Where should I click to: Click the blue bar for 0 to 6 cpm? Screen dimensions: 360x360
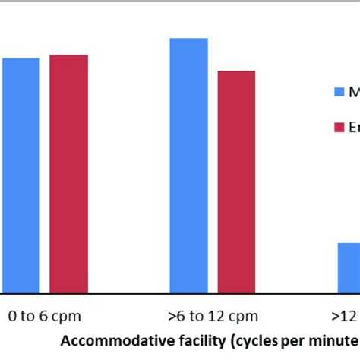coord(21,175)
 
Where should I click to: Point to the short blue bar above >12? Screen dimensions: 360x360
coord(349,267)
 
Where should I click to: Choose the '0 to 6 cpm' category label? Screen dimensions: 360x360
coord(45,315)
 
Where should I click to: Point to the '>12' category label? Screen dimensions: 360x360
coord(345,315)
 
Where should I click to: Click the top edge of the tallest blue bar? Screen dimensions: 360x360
coord(188,39)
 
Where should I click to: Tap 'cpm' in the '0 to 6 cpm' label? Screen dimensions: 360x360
coord(66,315)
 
